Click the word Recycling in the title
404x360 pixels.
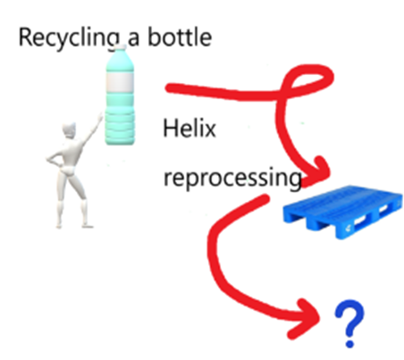tap(70, 38)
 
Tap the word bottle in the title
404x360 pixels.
tap(180, 37)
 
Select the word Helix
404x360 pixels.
tap(189, 128)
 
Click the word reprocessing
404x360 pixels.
tap(232, 179)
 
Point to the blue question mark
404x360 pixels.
tap(349, 323)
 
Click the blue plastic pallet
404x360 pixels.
tap(342, 212)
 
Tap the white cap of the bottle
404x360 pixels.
tap(121, 47)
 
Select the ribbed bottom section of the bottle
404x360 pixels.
tap(120, 128)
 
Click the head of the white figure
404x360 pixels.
tap(69, 130)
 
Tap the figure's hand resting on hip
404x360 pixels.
tap(50, 158)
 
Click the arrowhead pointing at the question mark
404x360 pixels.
tap(305, 319)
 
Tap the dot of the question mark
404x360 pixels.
tap(349, 343)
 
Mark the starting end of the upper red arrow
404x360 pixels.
tap(169, 88)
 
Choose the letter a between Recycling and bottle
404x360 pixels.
tap(133, 39)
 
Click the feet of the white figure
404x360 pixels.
tap(74, 225)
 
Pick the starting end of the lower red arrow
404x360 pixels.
tap(265, 198)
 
